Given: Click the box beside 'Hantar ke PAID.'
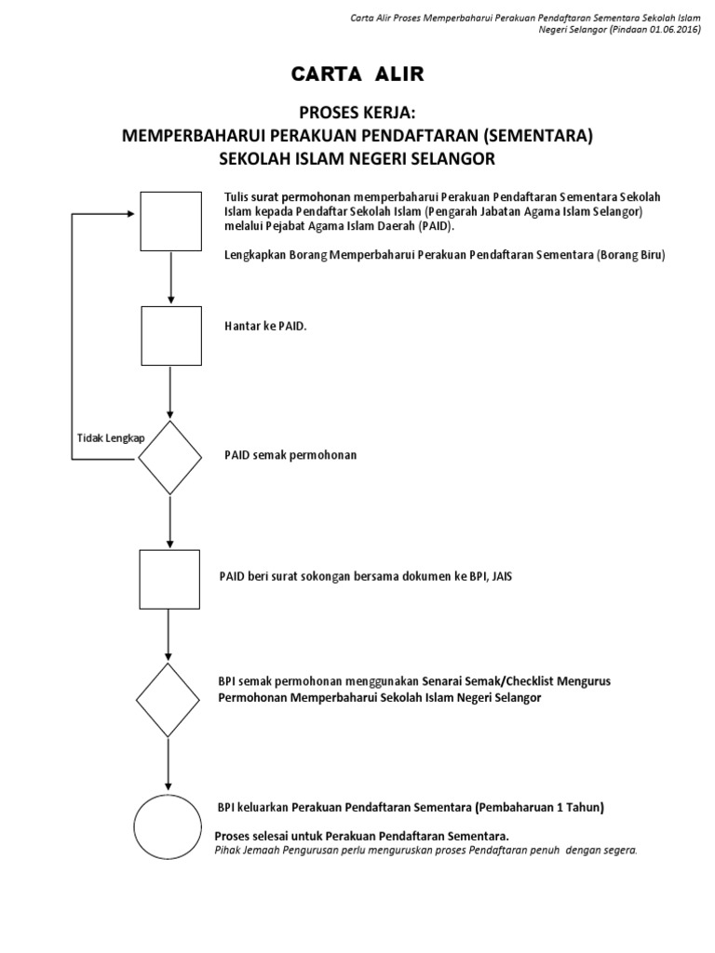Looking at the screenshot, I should coord(170,336).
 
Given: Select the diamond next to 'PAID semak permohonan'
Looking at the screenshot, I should coord(169,457).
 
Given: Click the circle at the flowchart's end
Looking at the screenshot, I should coord(168,826).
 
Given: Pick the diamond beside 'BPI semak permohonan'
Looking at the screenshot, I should coord(169,700).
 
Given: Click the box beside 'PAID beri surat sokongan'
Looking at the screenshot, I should coord(169,579).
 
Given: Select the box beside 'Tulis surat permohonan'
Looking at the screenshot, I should coord(170,221).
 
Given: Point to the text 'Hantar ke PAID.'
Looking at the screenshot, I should coord(265,328).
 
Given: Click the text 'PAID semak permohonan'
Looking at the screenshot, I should coord(290,455).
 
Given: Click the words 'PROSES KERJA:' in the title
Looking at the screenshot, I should coord(357,114).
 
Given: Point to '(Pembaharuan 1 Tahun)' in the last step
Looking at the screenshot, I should coord(540,807).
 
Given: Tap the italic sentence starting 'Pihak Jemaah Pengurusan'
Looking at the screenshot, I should coord(425,851).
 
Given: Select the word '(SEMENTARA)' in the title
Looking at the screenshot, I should coord(536,136).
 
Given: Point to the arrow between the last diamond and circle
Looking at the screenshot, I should coord(169,763).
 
